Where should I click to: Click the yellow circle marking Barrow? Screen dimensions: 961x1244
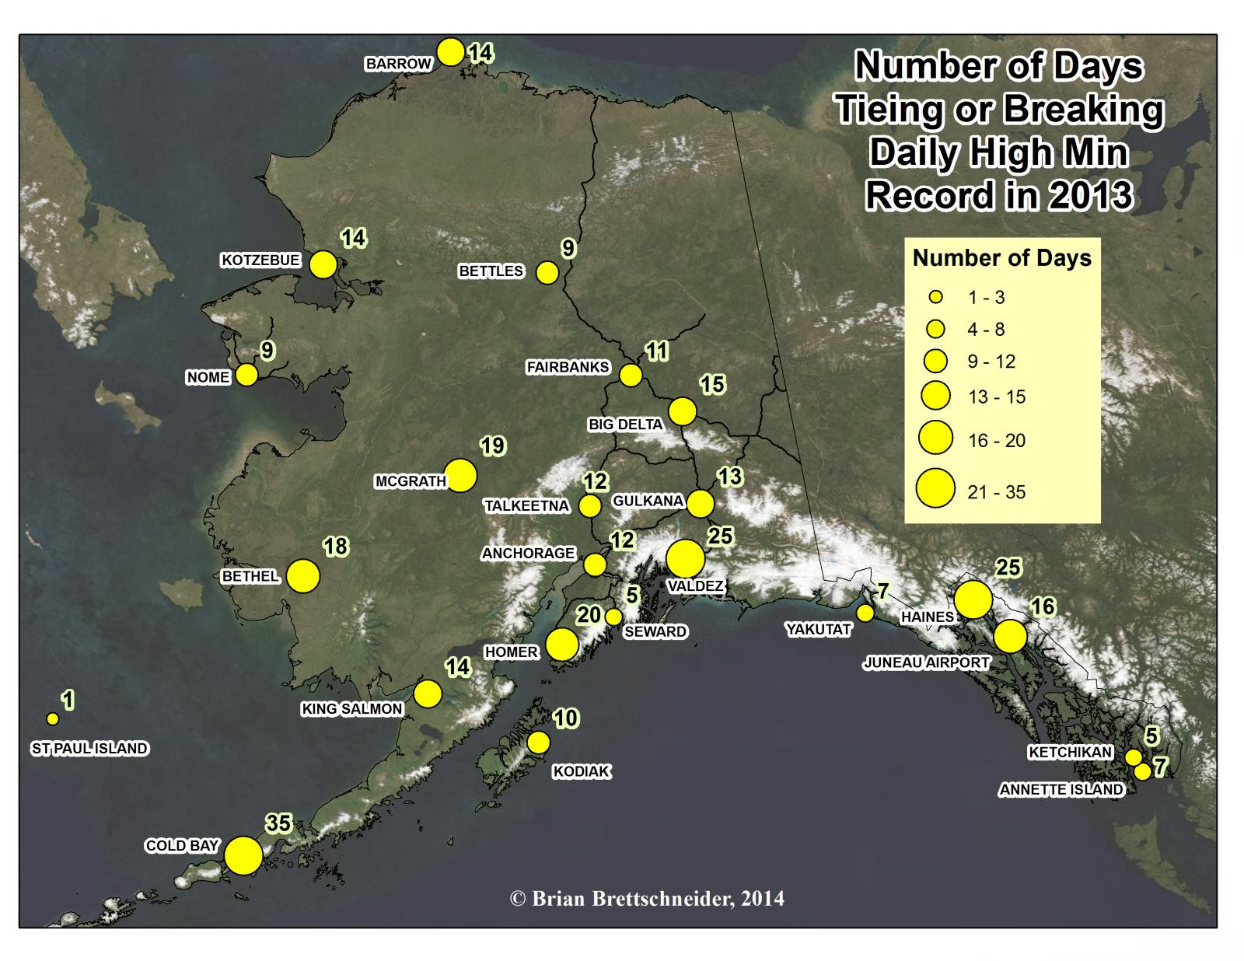451,52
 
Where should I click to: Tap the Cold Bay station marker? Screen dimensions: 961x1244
243,855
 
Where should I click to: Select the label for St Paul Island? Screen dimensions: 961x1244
89,748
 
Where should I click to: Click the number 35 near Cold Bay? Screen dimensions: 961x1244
278,823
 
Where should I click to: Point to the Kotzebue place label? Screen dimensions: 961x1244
260,260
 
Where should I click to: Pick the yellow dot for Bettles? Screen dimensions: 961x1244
547,273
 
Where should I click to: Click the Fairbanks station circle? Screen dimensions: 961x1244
631,376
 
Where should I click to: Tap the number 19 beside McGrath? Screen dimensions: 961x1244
492,446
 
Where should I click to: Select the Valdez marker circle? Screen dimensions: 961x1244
686,558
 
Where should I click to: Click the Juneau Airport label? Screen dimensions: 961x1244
926,662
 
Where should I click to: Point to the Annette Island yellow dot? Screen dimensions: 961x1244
1142,772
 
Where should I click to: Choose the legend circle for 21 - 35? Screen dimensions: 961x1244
935,488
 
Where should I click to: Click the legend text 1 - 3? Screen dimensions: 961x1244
986,298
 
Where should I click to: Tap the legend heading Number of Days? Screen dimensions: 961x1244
1001,258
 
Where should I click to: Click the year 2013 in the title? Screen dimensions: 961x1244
1090,195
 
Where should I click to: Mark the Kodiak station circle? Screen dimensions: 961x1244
538,743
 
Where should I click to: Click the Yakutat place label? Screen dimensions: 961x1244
819,629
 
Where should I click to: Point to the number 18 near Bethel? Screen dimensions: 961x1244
335,547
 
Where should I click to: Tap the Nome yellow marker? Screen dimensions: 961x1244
246,375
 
